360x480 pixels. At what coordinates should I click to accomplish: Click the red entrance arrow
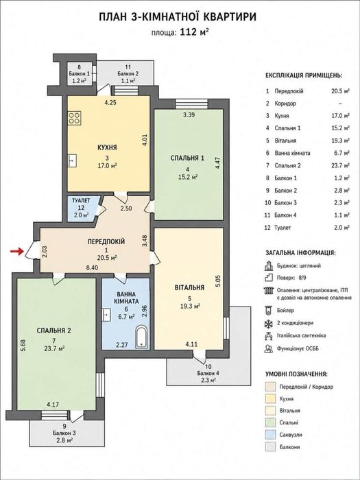point(17,252)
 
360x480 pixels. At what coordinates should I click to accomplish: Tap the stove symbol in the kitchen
point(75,118)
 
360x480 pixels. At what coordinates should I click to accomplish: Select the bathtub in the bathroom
point(142,337)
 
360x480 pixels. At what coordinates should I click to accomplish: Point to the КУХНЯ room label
point(107,147)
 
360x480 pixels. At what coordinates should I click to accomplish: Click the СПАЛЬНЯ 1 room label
point(187,158)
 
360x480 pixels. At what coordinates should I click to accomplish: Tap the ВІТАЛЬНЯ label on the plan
point(189,288)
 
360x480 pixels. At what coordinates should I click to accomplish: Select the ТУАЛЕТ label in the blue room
point(81,201)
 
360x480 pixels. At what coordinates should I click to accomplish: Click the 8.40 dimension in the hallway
point(92,267)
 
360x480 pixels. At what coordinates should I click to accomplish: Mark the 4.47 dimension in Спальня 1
point(217,163)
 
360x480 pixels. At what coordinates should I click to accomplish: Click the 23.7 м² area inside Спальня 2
point(54,348)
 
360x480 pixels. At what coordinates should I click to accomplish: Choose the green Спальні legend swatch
point(271,423)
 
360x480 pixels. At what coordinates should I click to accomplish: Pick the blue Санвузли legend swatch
point(271,435)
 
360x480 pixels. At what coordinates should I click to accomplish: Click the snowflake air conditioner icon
point(269,323)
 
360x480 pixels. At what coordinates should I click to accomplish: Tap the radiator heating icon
point(269,291)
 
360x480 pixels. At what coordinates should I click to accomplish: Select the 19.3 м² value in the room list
point(342,141)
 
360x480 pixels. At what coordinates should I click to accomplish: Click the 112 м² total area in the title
point(195,32)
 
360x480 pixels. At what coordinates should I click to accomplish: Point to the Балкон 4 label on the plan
point(208,373)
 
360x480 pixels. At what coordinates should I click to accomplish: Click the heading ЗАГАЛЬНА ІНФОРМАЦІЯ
point(300,253)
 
